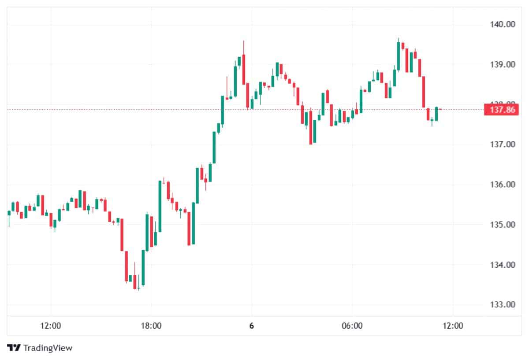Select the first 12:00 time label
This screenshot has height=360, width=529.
tap(50, 326)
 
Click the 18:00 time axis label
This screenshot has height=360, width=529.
tap(151, 326)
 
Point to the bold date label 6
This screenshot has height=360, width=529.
tap(251, 326)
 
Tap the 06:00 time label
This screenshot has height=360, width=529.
tap(352, 326)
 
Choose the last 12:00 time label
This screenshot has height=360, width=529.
tap(453, 326)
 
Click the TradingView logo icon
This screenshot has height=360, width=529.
tap(14, 348)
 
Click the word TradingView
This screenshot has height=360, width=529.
tap(48, 348)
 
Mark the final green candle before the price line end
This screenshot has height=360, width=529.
tap(436, 114)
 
